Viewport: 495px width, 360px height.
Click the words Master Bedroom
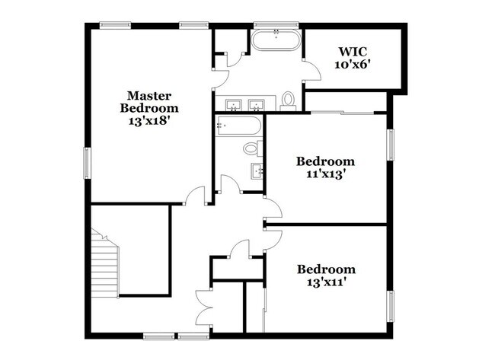148,102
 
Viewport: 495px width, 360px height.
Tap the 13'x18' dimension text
148,121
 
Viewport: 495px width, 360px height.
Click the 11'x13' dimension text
325,174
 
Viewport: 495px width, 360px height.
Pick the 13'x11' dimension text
326,282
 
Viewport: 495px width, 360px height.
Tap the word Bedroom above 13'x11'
326,269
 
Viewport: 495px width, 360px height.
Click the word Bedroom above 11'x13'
325,161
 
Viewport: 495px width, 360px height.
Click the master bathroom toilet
288,100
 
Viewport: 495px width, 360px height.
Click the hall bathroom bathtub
238,126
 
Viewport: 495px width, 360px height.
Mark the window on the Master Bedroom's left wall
87,164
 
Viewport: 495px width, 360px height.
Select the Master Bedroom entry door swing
196,196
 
